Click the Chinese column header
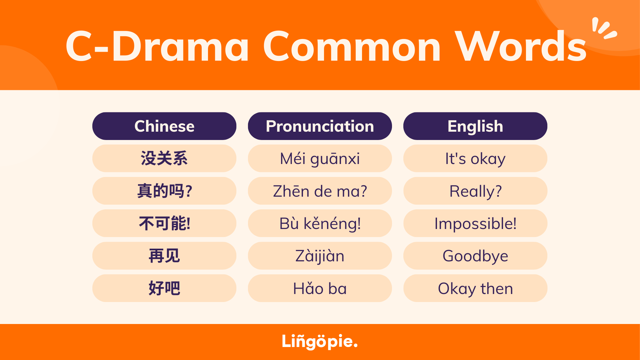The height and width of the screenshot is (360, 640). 164,126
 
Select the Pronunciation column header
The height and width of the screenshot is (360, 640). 320,126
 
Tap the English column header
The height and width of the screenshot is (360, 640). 475,126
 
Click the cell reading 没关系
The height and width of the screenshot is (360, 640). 164,158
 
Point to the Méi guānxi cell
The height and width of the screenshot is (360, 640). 320,158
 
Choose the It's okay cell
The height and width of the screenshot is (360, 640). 475,158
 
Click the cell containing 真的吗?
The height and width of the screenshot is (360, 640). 164,191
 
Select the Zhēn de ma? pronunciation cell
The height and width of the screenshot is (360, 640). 320,191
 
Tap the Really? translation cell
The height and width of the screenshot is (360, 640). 475,191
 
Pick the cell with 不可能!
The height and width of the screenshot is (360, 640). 164,223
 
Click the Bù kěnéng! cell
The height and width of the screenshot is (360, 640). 320,223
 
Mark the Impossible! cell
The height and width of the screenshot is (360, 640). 475,223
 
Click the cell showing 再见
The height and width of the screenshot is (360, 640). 164,256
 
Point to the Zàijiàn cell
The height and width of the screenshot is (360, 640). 320,256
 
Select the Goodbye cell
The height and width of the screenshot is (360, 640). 475,256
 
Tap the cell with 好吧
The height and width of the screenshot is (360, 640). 164,288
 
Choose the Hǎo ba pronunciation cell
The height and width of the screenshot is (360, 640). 320,288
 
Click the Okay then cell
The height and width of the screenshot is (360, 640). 475,288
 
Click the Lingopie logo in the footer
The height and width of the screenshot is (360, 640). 320,342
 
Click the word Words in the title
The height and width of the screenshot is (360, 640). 521,46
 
